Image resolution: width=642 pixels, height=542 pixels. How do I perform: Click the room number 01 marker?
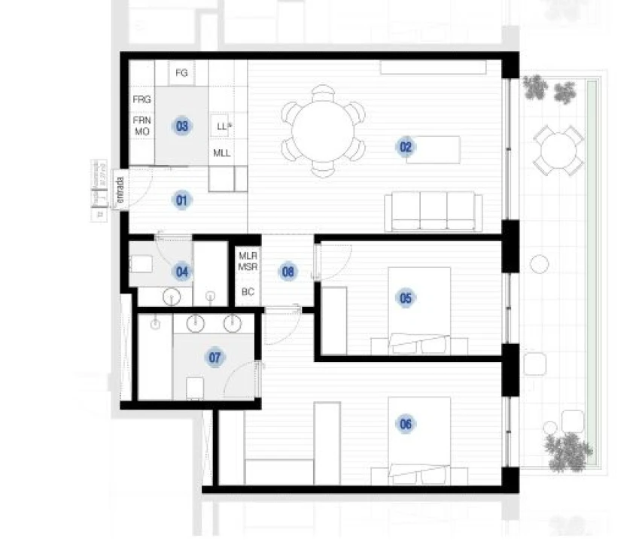[x=181, y=200]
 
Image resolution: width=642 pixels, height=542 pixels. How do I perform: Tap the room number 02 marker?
[x=406, y=148]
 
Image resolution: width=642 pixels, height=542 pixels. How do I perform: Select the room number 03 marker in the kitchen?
[x=181, y=126]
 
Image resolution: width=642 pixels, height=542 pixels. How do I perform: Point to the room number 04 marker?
[x=181, y=271]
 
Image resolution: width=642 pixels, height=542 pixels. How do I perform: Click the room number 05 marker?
[x=406, y=299]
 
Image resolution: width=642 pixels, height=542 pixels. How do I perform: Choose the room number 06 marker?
[x=406, y=425]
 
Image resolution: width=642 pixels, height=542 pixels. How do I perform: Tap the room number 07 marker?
[x=216, y=358]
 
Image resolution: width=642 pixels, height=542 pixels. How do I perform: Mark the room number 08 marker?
[x=288, y=272]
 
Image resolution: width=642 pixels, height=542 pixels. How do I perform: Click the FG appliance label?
[x=181, y=73]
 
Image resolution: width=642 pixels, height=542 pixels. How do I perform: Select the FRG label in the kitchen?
[x=142, y=99]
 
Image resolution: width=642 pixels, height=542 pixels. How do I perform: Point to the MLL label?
[x=221, y=153]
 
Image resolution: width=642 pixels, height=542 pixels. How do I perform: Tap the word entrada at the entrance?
[x=119, y=192]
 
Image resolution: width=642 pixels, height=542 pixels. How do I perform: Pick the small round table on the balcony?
[x=558, y=151]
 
